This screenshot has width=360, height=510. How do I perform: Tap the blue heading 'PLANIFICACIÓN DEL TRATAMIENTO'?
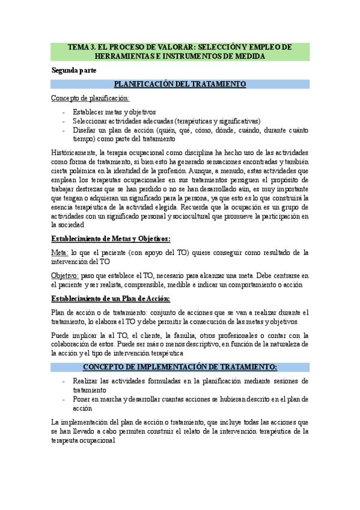coord(180,84)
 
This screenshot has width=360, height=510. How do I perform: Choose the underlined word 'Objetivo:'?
coord(66,275)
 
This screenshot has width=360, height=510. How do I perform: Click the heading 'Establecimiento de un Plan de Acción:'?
coord(111,298)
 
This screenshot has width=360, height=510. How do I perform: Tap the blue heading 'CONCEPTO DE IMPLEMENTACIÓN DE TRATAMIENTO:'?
coord(180,366)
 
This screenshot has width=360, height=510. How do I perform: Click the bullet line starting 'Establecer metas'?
coord(114,112)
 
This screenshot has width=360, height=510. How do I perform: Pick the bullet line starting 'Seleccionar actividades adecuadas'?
coord(157,121)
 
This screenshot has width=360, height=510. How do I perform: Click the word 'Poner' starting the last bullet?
coord(82,398)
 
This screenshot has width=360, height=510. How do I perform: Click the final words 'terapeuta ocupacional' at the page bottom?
coord(84,440)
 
